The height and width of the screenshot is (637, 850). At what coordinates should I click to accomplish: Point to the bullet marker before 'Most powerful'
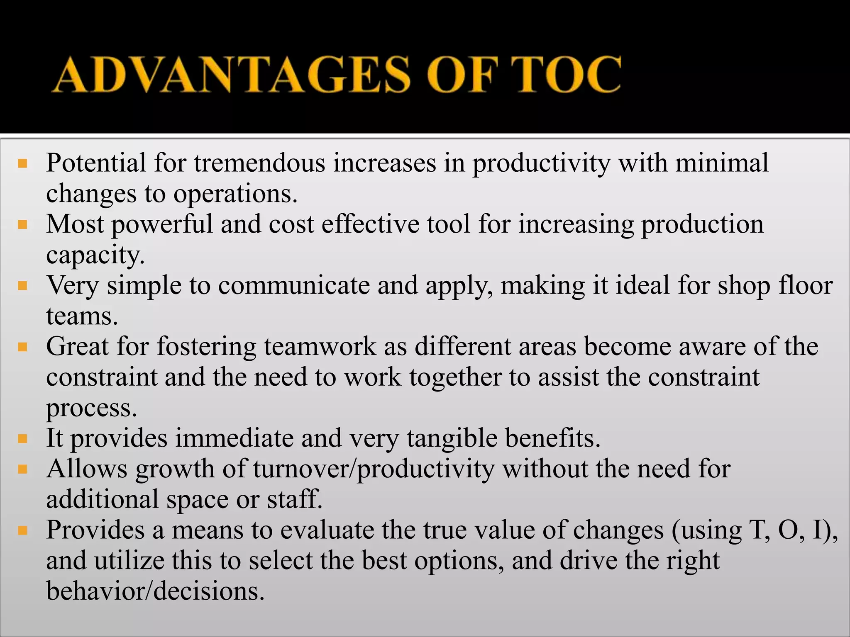click(22, 225)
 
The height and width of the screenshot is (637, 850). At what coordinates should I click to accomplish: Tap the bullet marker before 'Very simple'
click(22, 286)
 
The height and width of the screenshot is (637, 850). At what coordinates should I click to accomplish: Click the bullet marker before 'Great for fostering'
click(22, 347)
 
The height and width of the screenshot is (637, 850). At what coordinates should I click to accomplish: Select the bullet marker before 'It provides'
click(22, 439)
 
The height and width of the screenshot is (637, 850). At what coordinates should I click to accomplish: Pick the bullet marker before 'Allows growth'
click(22, 469)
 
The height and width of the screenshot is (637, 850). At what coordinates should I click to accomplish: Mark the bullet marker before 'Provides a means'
click(22, 530)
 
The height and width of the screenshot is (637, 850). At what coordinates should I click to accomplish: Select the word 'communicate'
click(294, 286)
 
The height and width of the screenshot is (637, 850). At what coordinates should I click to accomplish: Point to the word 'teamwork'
click(320, 347)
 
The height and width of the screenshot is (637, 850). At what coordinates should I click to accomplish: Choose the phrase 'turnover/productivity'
click(374, 469)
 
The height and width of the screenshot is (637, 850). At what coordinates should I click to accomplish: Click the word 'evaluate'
click(327, 530)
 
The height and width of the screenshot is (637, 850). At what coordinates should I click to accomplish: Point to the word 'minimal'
click(722, 163)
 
